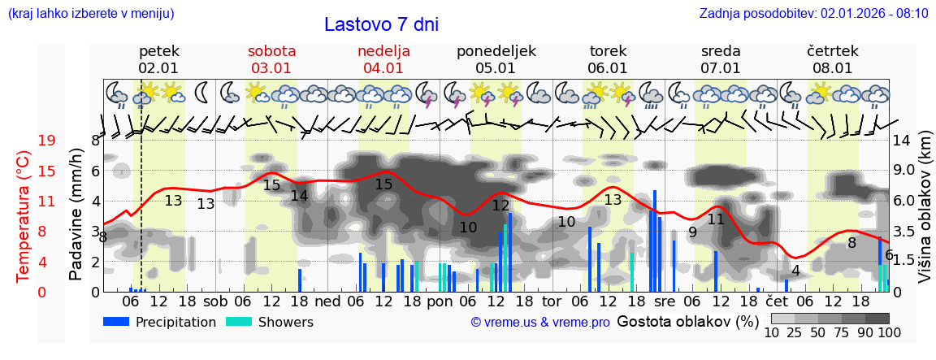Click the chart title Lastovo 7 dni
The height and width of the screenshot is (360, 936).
[x=381, y=24]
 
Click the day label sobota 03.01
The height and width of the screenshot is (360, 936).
[x=271, y=59]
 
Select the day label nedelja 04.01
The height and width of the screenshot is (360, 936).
[x=383, y=59]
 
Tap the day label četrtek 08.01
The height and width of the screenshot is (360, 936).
[x=832, y=59]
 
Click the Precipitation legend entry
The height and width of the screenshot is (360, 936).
[x=160, y=322]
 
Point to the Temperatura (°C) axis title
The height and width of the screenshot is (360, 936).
[x=24, y=216]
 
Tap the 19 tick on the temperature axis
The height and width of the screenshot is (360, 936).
[x=47, y=141]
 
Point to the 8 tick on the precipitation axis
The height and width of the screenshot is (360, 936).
[x=95, y=141]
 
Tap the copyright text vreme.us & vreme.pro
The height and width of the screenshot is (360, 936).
[x=540, y=322]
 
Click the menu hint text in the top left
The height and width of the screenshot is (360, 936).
[x=90, y=14]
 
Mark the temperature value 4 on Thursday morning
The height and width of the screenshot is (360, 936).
[x=795, y=270]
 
